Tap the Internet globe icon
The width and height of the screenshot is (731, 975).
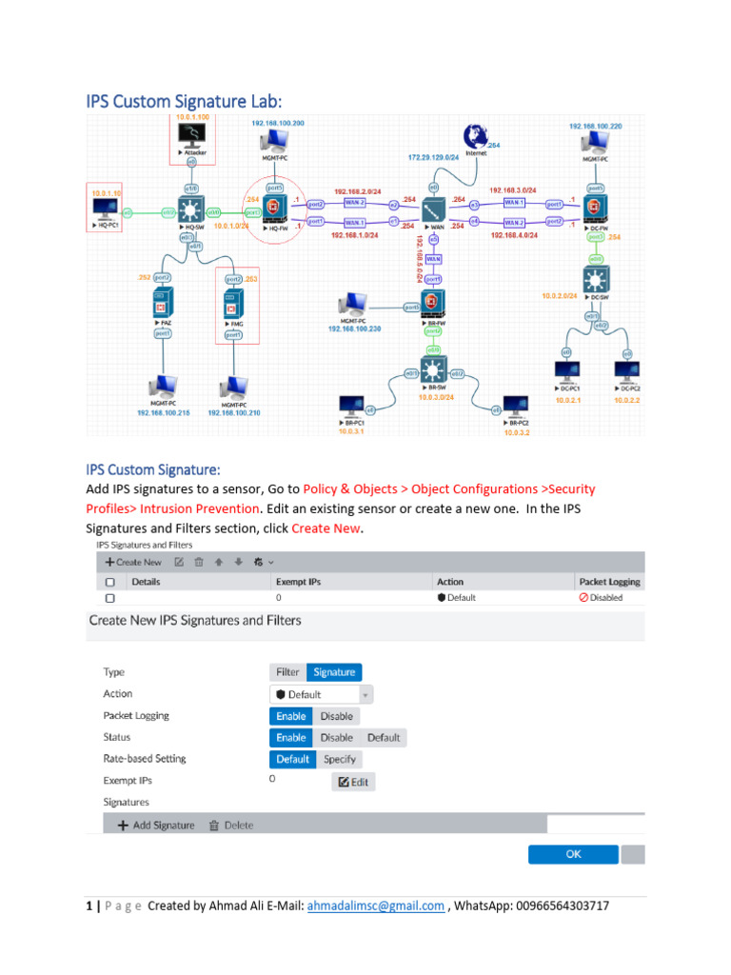point(476,137)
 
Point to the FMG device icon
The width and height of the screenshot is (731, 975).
point(231,305)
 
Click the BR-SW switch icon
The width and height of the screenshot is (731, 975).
point(434,368)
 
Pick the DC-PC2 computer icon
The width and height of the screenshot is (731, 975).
point(625,371)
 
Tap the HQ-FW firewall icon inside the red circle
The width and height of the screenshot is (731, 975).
point(273,208)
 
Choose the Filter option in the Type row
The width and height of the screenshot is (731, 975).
point(287,672)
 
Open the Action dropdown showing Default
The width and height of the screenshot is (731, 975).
point(321,694)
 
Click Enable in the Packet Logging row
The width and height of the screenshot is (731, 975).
point(291,716)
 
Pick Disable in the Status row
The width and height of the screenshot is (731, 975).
point(336,738)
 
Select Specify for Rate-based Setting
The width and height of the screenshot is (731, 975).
point(339,759)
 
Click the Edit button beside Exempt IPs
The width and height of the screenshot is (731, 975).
point(353,782)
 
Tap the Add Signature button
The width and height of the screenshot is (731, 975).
point(156,826)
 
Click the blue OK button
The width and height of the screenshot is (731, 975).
point(573,854)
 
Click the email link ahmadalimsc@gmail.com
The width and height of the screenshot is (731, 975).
point(375,906)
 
